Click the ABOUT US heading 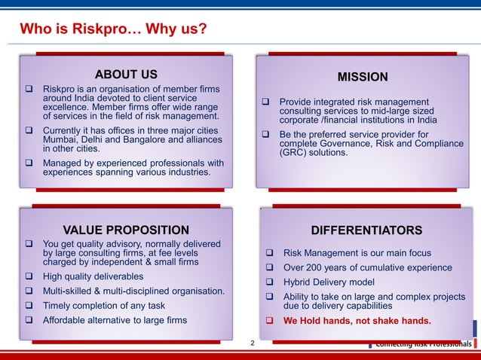pyautogui.click(x=126, y=74)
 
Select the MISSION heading pyautogui.click(x=363, y=77)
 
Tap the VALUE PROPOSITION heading pyautogui.click(x=126, y=230)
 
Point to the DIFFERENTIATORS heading pyautogui.click(x=366, y=230)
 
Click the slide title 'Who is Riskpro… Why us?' pyautogui.click(x=114, y=30)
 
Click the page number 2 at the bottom pyautogui.click(x=253, y=343)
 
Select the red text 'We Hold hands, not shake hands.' pyautogui.click(x=357, y=321)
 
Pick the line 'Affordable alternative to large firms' pyautogui.click(x=115, y=320)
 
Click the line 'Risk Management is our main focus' pyautogui.click(x=357, y=253)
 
